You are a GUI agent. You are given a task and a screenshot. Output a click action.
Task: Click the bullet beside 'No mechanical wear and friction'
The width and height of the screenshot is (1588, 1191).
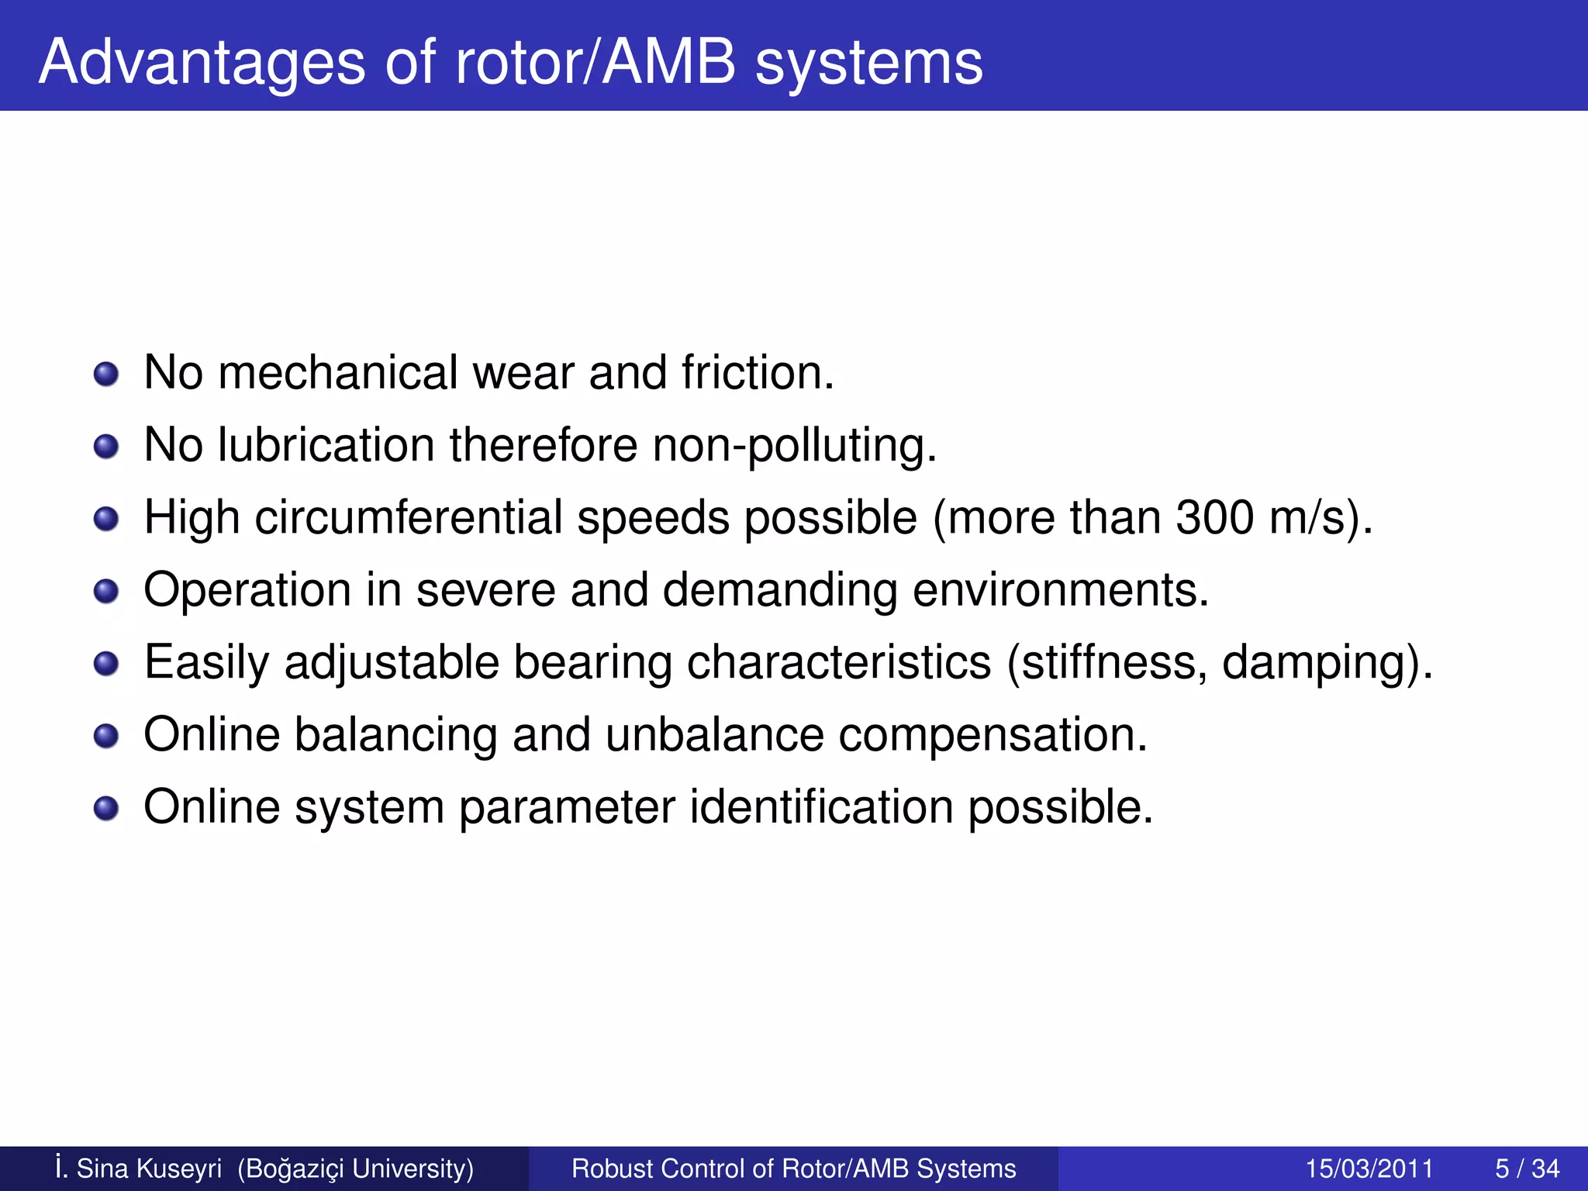tap(106, 375)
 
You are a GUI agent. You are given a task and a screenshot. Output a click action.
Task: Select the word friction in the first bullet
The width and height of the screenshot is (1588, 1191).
tap(758, 373)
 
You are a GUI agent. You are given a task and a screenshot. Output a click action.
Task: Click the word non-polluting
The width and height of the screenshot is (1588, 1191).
tap(794, 447)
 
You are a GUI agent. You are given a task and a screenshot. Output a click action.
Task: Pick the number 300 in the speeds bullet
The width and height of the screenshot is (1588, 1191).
tap(1214, 517)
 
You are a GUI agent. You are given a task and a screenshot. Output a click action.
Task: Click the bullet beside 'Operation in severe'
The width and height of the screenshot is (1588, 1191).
tap(106, 592)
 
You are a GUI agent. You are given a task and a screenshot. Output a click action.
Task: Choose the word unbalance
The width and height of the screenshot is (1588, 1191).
tap(714, 734)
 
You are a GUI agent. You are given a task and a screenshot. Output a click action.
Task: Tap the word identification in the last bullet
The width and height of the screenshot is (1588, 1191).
tap(821, 807)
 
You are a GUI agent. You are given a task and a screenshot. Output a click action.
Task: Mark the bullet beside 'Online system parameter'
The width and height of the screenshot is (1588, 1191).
tap(106, 810)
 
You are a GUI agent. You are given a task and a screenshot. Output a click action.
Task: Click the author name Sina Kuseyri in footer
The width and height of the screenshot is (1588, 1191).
tap(148, 1169)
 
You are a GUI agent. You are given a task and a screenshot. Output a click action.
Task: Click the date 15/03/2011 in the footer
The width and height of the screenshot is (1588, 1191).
tap(1369, 1169)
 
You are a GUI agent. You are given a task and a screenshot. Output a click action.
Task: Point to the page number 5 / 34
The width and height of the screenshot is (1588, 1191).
tap(1527, 1169)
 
